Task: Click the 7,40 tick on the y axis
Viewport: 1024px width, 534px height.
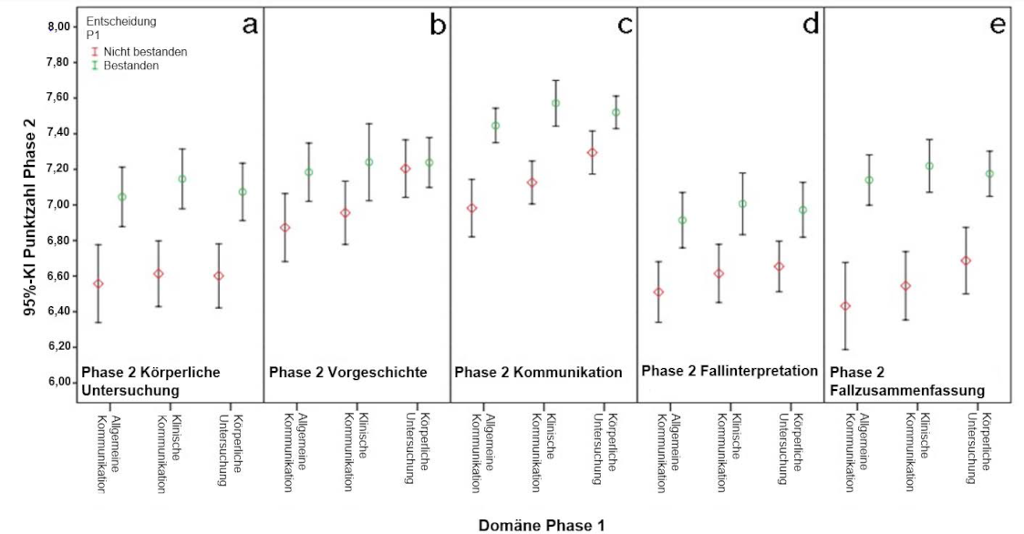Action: [x=59, y=133]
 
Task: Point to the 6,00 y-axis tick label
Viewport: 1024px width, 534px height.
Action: [x=59, y=382]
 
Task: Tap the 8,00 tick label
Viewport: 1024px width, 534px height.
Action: [x=59, y=26]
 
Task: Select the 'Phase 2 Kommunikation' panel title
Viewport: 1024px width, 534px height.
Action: [x=538, y=373]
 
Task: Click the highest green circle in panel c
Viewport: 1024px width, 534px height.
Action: [x=555, y=103]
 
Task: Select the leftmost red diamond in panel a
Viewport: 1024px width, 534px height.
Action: [x=98, y=283]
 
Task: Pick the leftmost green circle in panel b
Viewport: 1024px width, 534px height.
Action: [x=308, y=172]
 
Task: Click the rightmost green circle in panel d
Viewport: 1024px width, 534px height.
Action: [x=802, y=211]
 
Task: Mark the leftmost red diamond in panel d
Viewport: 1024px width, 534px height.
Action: [x=658, y=293]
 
